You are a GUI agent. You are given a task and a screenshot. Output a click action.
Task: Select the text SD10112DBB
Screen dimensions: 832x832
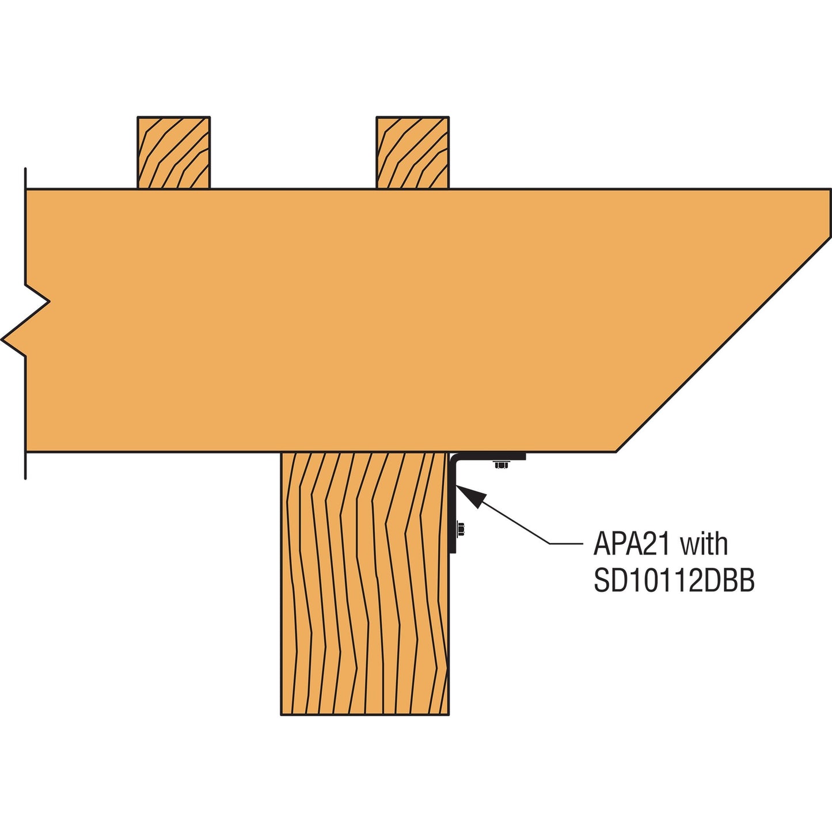(x=674, y=581)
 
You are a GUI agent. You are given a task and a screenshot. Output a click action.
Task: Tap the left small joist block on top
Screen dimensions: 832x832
(x=173, y=153)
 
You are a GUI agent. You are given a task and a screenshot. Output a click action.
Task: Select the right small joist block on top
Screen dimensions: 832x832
(x=413, y=153)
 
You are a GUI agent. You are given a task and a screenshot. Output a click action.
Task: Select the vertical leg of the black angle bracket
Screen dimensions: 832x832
(x=453, y=504)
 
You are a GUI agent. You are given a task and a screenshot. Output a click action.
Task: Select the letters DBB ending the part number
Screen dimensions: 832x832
(x=730, y=581)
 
